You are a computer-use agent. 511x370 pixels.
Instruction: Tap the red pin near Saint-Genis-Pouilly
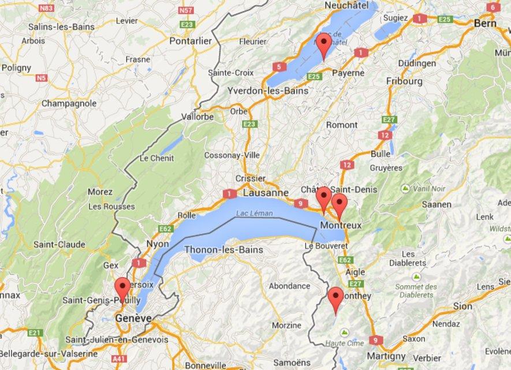122,287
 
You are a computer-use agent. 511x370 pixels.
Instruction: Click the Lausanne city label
265,193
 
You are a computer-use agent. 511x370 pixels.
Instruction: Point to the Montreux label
341,225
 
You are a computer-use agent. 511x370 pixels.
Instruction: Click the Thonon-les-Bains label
223,250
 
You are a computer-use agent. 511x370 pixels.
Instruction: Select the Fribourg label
404,81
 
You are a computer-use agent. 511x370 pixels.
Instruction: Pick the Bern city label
485,24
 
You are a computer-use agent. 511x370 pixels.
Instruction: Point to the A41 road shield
120,360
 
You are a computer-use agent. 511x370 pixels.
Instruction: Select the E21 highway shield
35,332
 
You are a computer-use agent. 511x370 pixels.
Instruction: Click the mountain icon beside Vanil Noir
405,189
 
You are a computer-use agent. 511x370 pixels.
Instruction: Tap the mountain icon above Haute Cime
345,333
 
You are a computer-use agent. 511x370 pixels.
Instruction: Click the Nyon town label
157,244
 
